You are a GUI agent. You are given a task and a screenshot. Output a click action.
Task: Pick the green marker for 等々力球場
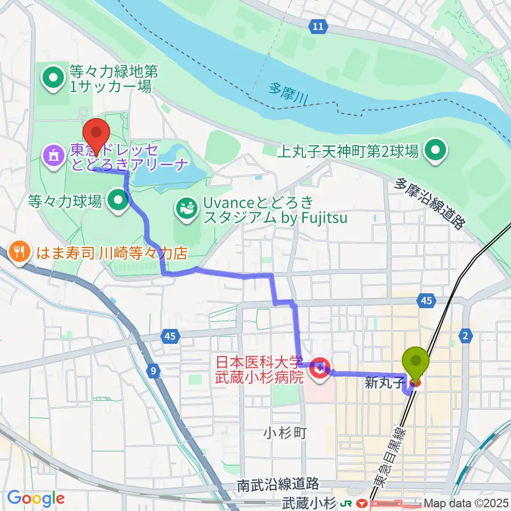tap(118, 201)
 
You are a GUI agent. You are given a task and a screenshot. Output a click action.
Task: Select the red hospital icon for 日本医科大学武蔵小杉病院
tap(319, 367)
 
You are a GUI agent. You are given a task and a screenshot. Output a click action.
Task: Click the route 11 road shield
tap(318, 26)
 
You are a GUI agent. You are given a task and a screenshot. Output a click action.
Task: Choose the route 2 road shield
tap(466, 334)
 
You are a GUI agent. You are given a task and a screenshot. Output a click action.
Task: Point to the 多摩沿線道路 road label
tap(428, 203)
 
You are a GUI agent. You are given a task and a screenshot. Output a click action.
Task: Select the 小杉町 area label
tap(284, 433)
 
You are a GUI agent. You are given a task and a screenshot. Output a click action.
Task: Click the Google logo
tap(35, 499)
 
